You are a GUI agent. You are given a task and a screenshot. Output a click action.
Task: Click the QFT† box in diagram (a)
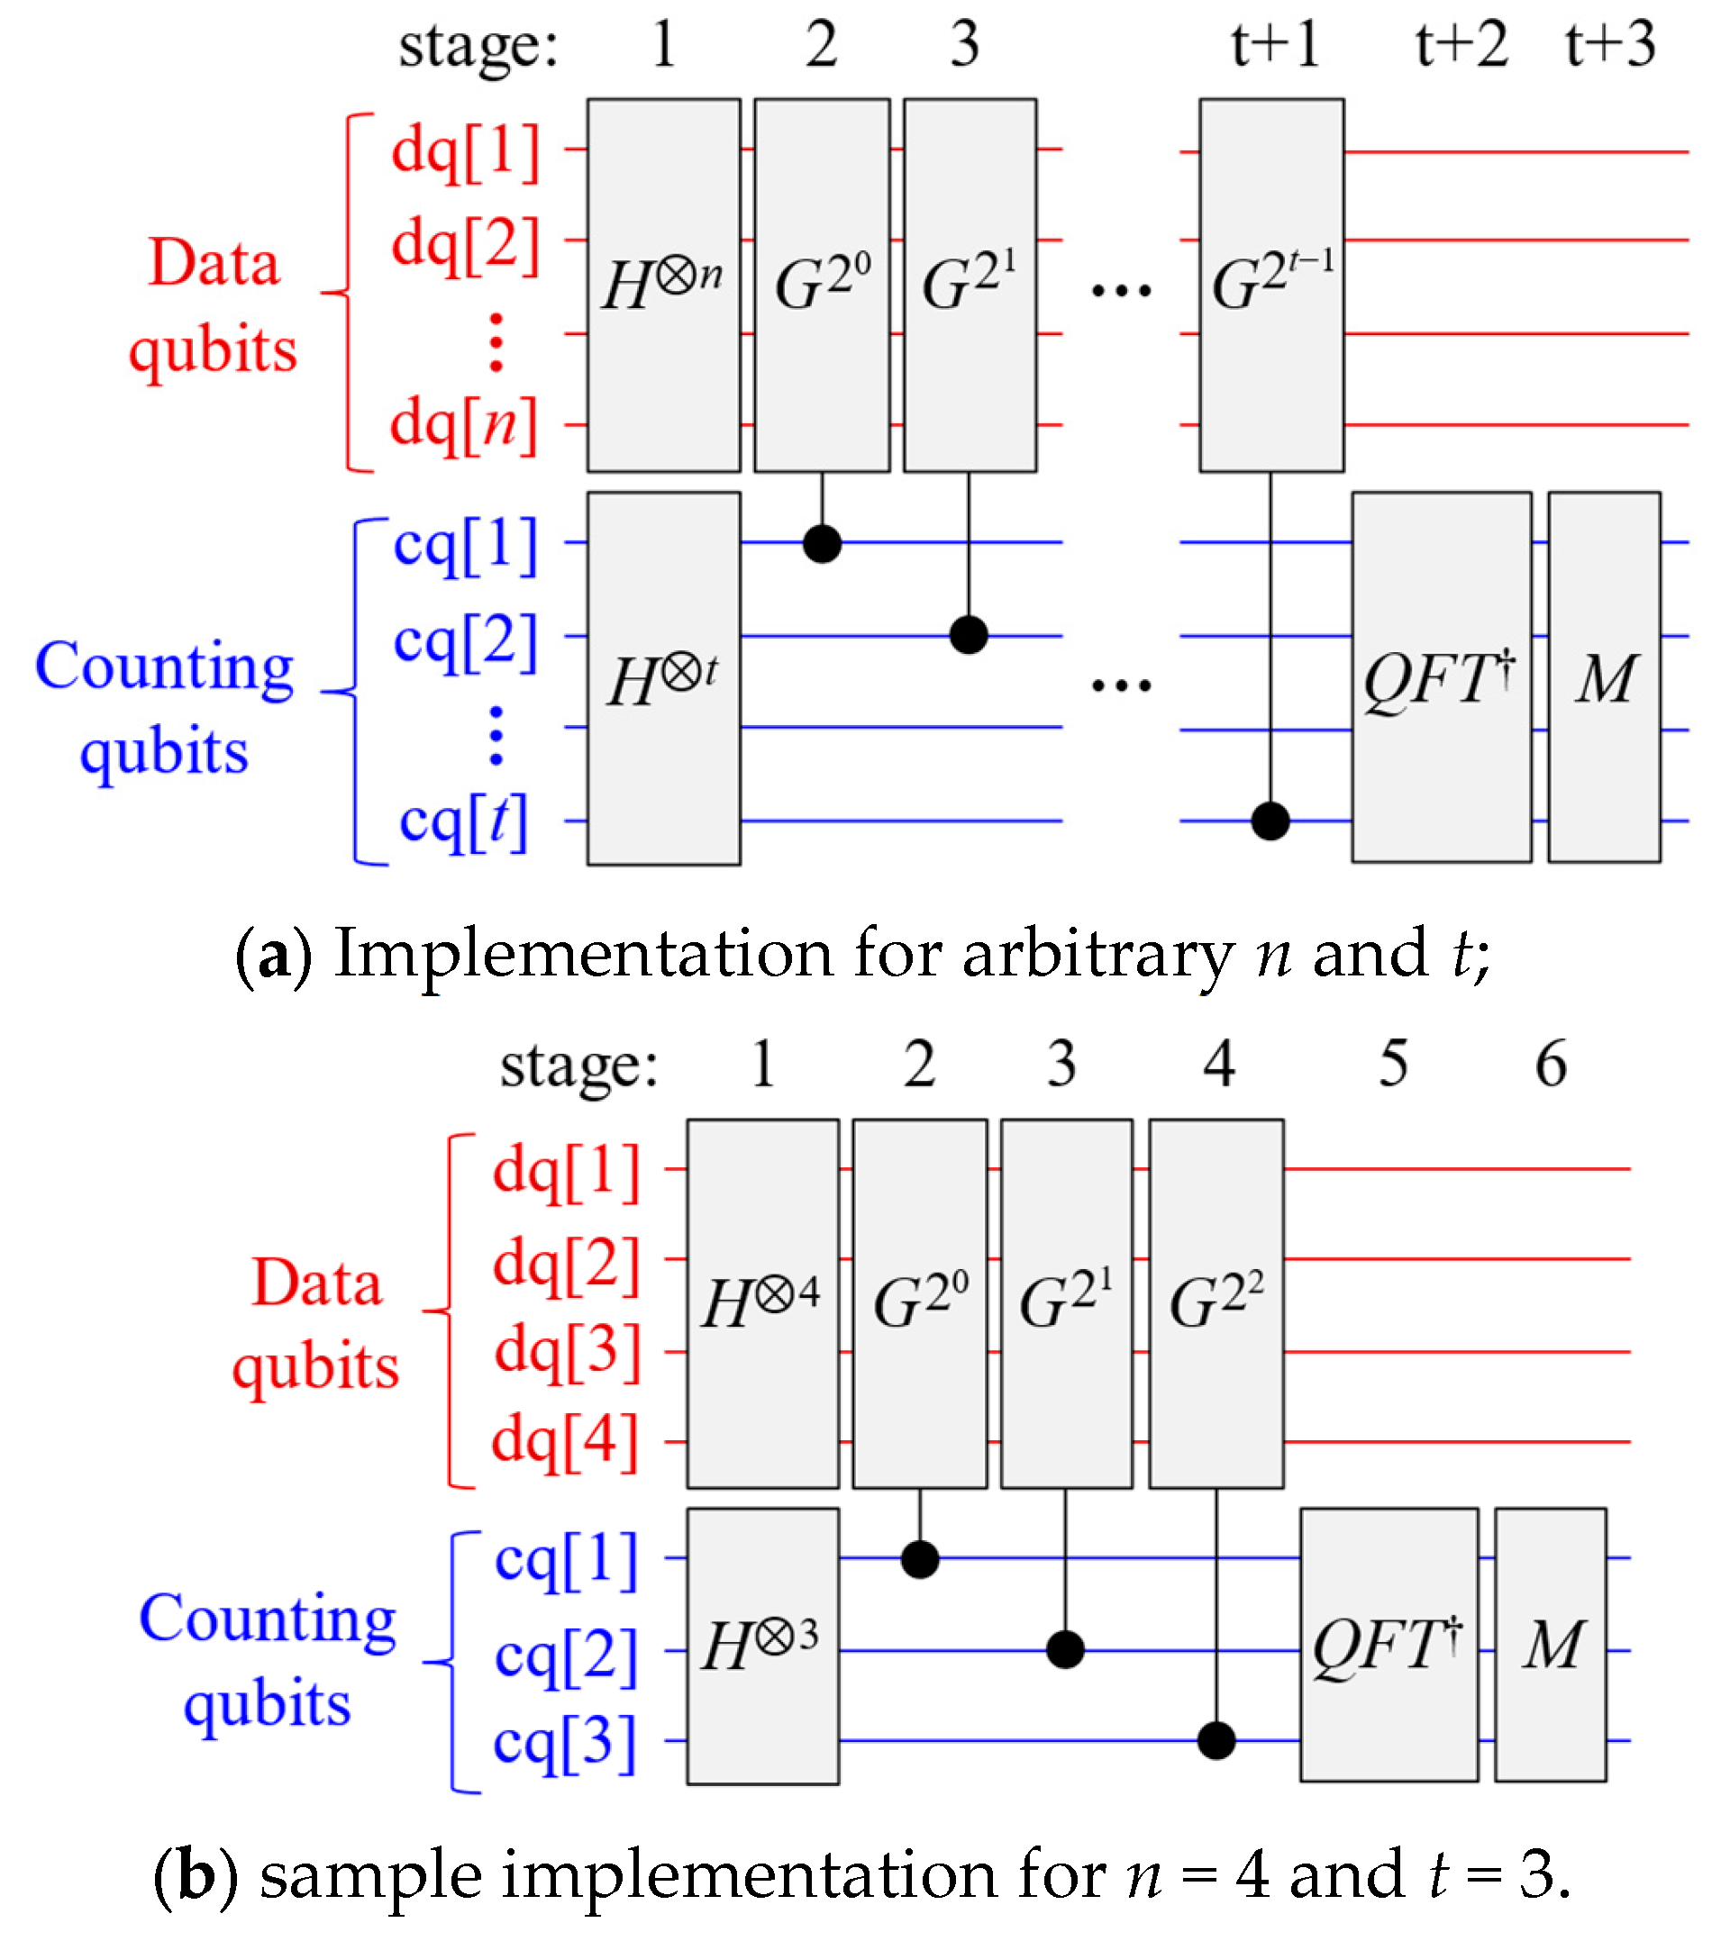(x=1441, y=676)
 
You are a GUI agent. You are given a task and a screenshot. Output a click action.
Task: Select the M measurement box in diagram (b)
(x=1551, y=1644)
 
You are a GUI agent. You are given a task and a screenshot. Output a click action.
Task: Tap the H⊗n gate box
(x=663, y=285)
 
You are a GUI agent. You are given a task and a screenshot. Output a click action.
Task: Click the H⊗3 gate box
(x=762, y=1646)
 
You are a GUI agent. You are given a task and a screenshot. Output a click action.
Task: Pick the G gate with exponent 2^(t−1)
(x=1270, y=285)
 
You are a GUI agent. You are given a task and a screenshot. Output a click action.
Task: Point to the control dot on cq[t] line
(x=1270, y=821)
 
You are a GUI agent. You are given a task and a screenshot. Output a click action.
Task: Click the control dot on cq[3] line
(x=1216, y=1741)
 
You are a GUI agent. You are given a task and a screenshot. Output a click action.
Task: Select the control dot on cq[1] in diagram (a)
(x=822, y=543)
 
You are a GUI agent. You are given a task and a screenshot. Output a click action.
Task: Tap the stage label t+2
(x=1461, y=45)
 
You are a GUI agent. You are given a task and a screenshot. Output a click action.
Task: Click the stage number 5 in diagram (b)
(x=1393, y=1064)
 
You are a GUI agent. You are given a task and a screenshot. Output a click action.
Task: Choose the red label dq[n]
(x=464, y=424)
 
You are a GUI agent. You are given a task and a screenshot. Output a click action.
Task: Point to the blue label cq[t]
(x=463, y=821)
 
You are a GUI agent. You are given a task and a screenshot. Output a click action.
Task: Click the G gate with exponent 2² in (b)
(x=1216, y=1303)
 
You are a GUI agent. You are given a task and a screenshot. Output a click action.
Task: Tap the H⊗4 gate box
(x=762, y=1303)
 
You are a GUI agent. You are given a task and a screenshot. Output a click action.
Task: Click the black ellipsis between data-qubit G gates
(x=1121, y=290)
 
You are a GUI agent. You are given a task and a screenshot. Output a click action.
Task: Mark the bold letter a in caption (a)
(x=274, y=954)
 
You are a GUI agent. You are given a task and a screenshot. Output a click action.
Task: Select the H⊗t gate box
(x=663, y=678)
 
